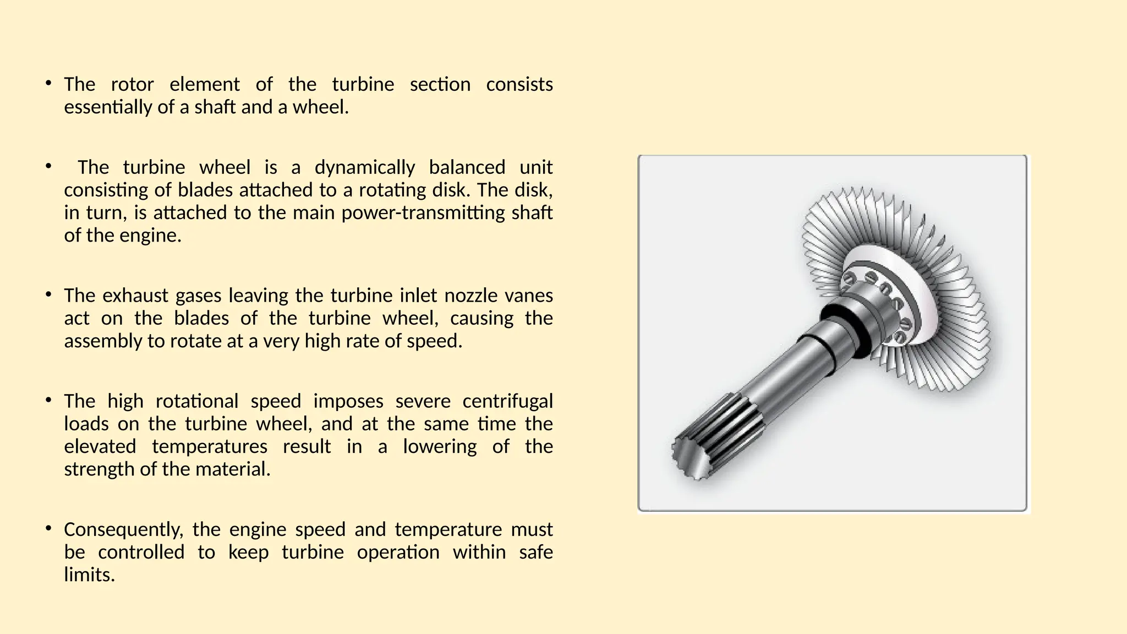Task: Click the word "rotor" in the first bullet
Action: [x=132, y=85]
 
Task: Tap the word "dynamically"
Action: [x=364, y=168]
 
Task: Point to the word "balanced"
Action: [x=467, y=168]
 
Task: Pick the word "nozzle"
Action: [x=471, y=296]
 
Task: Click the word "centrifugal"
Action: [x=507, y=401]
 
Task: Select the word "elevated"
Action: [x=100, y=446]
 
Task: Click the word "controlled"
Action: [x=141, y=553]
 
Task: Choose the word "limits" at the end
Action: [x=88, y=575]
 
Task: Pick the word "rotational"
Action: [x=196, y=401]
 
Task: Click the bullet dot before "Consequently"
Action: [x=49, y=529]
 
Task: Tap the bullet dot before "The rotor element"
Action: [x=49, y=84]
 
